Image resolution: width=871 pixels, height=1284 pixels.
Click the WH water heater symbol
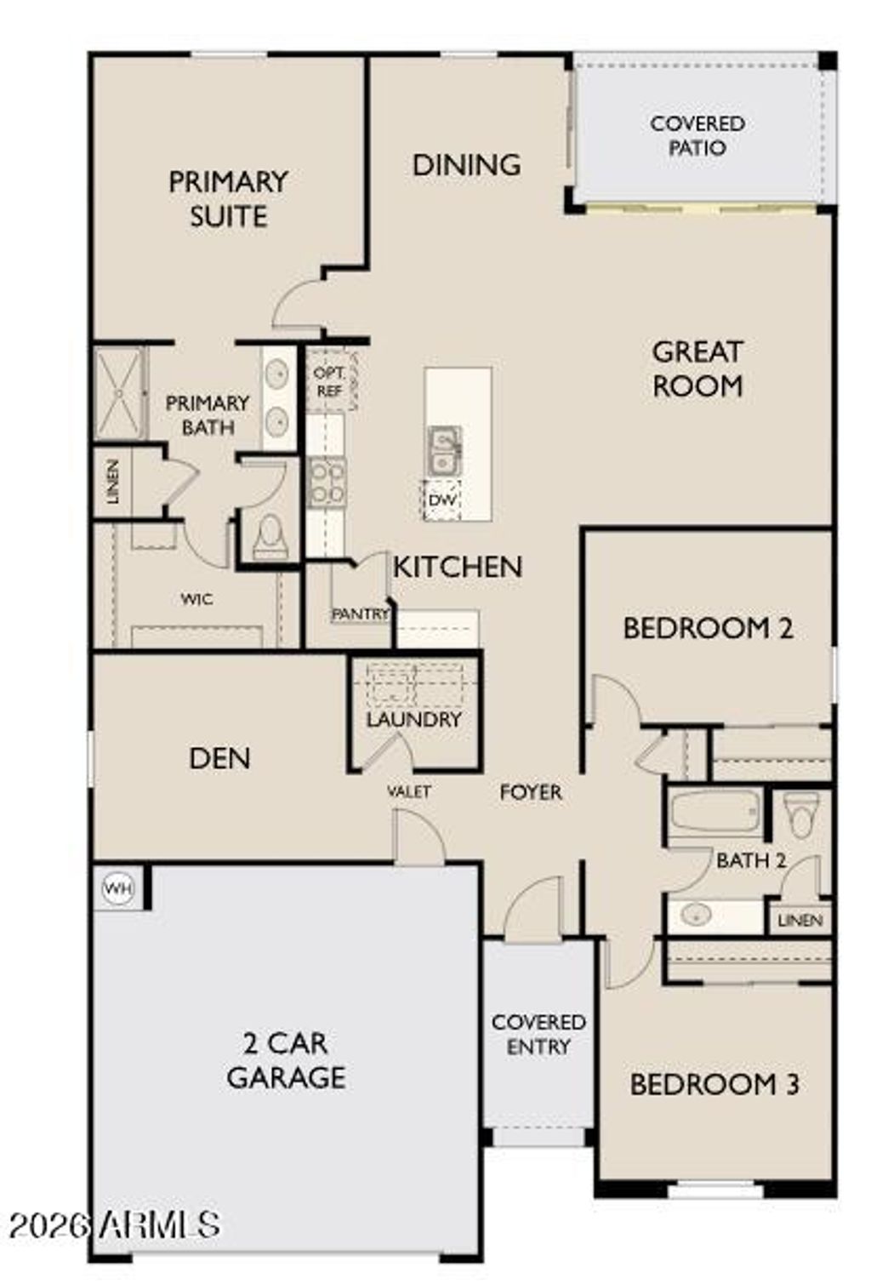pos(118,889)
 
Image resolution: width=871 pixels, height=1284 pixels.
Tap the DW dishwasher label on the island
pos(441,500)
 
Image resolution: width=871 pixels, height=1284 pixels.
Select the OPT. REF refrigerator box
pos(329,382)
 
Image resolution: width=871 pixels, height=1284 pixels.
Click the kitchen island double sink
pos(443,450)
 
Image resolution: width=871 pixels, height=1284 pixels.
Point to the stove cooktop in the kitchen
pos(327,482)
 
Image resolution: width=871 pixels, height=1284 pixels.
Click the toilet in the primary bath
pos(270,537)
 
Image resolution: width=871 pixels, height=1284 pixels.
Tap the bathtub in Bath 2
pos(715,812)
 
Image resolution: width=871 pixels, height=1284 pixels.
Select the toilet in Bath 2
pos(801,814)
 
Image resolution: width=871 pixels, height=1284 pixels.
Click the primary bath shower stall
pos(119,393)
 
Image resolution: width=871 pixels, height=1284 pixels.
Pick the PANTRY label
pos(360,613)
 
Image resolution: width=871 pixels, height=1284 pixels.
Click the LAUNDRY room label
pos(413,720)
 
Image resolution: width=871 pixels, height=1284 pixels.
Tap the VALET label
pos(409,792)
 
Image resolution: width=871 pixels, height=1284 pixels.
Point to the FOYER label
pos(531,793)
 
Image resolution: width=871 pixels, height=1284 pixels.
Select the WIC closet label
pos(196,600)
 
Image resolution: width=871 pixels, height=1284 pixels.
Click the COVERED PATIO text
pos(697,136)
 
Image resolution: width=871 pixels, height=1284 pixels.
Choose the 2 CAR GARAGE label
pos(286,1060)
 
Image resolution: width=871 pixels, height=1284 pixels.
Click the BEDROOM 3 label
pos(714,1085)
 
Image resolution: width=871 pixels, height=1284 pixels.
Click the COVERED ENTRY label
pos(538,1035)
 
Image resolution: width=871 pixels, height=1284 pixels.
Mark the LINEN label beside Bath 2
pos(800,921)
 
